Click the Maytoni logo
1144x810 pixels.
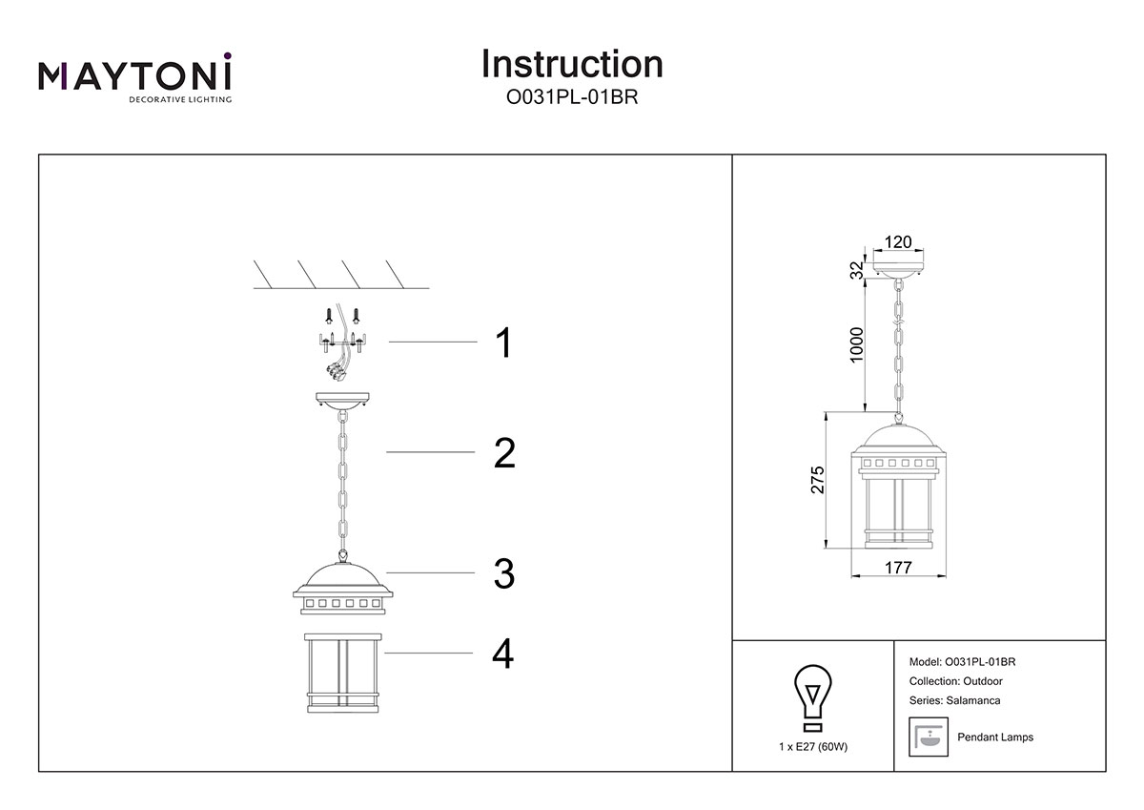(134, 77)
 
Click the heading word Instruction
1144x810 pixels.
(572, 64)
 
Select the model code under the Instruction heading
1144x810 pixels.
(572, 96)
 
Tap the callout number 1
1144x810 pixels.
(502, 343)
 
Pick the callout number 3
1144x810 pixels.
(504, 573)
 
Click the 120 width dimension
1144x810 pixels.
(898, 242)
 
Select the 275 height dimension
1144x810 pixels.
(817, 480)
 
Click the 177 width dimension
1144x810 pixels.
(898, 568)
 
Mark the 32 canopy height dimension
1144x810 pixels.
(857, 271)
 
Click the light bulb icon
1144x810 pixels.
(812, 693)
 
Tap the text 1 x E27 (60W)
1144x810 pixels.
(812, 746)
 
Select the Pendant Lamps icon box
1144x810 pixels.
(928, 737)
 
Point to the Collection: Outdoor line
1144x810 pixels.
(956, 681)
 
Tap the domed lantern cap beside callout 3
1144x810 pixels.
(341, 587)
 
